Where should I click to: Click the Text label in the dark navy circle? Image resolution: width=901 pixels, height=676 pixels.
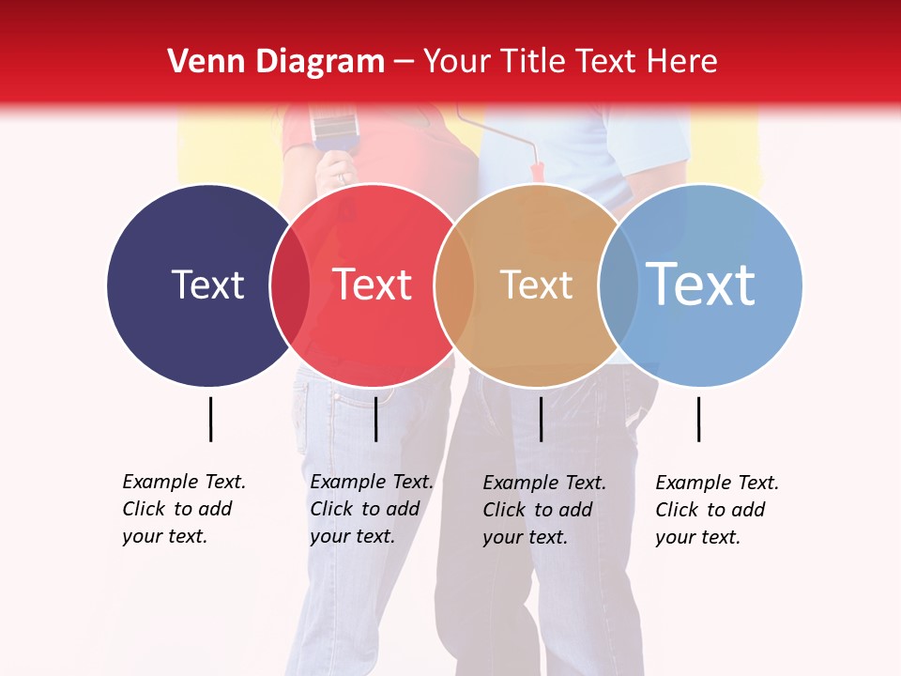(207, 284)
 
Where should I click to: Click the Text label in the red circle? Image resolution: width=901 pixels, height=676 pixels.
(373, 284)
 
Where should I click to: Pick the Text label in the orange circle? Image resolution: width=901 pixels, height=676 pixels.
(536, 284)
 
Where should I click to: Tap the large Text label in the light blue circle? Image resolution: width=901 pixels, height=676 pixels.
(701, 284)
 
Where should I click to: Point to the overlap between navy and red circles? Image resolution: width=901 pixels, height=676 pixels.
(290, 284)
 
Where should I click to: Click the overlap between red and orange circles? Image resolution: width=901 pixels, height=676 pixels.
(454, 284)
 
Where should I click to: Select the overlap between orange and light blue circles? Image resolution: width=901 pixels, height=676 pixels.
(618, 284)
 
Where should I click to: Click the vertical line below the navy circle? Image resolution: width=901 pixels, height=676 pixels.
(210, 419)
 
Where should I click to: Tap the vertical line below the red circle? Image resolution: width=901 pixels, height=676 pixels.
(375, 419)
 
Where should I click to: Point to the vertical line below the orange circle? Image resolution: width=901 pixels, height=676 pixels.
(541, 419)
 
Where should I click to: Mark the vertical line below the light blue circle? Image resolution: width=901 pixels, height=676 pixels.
(698, 419)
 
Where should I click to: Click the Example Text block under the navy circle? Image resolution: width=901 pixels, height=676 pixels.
(183, 509)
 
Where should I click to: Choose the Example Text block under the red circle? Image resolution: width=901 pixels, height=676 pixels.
(371, 509)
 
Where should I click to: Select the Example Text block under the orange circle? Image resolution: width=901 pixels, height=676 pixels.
(543, 510)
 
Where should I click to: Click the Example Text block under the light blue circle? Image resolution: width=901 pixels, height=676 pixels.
(716, 510)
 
